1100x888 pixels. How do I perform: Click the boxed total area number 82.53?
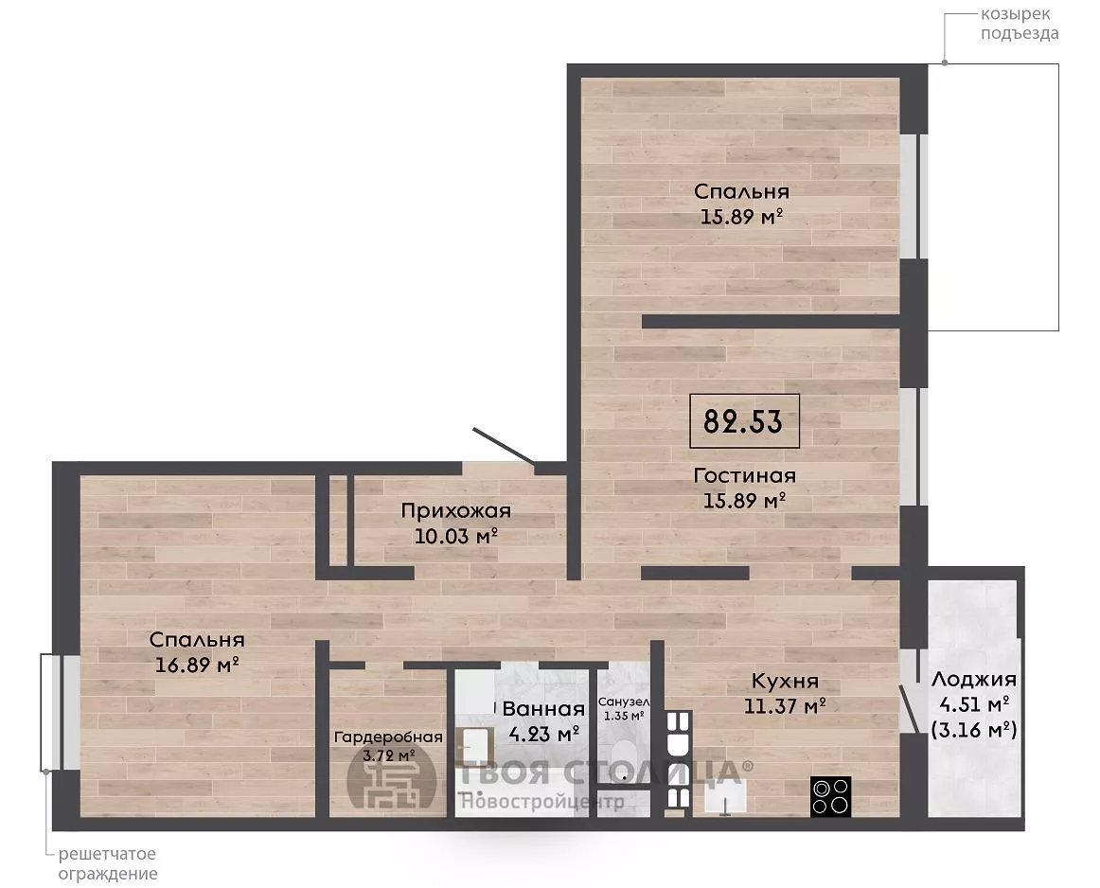point(744,421)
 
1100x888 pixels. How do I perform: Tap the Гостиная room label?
point(744,475)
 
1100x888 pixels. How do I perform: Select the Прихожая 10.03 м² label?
point(456,524)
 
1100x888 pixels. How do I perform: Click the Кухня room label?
point(785,681)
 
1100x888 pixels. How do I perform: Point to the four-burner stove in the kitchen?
point(830,796)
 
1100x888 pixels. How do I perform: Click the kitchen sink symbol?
point(724,799)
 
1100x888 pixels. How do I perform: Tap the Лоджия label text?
point(974,679)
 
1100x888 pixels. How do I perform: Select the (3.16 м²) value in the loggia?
point(974,730)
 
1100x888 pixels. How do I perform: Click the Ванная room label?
point(543,708)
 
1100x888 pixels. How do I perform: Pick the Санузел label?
point(624,702)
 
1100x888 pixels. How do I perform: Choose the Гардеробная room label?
point(388,737)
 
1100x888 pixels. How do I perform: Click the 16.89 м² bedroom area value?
point(197,664)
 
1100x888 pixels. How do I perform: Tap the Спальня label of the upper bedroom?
point(741,191)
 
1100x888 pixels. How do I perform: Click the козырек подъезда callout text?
point(1020,23)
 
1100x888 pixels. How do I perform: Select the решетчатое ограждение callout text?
point(107,864)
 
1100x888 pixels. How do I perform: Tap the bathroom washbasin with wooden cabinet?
point(474,746)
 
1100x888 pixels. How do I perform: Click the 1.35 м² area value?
point(624,716)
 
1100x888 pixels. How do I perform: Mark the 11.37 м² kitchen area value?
point(785,705)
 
